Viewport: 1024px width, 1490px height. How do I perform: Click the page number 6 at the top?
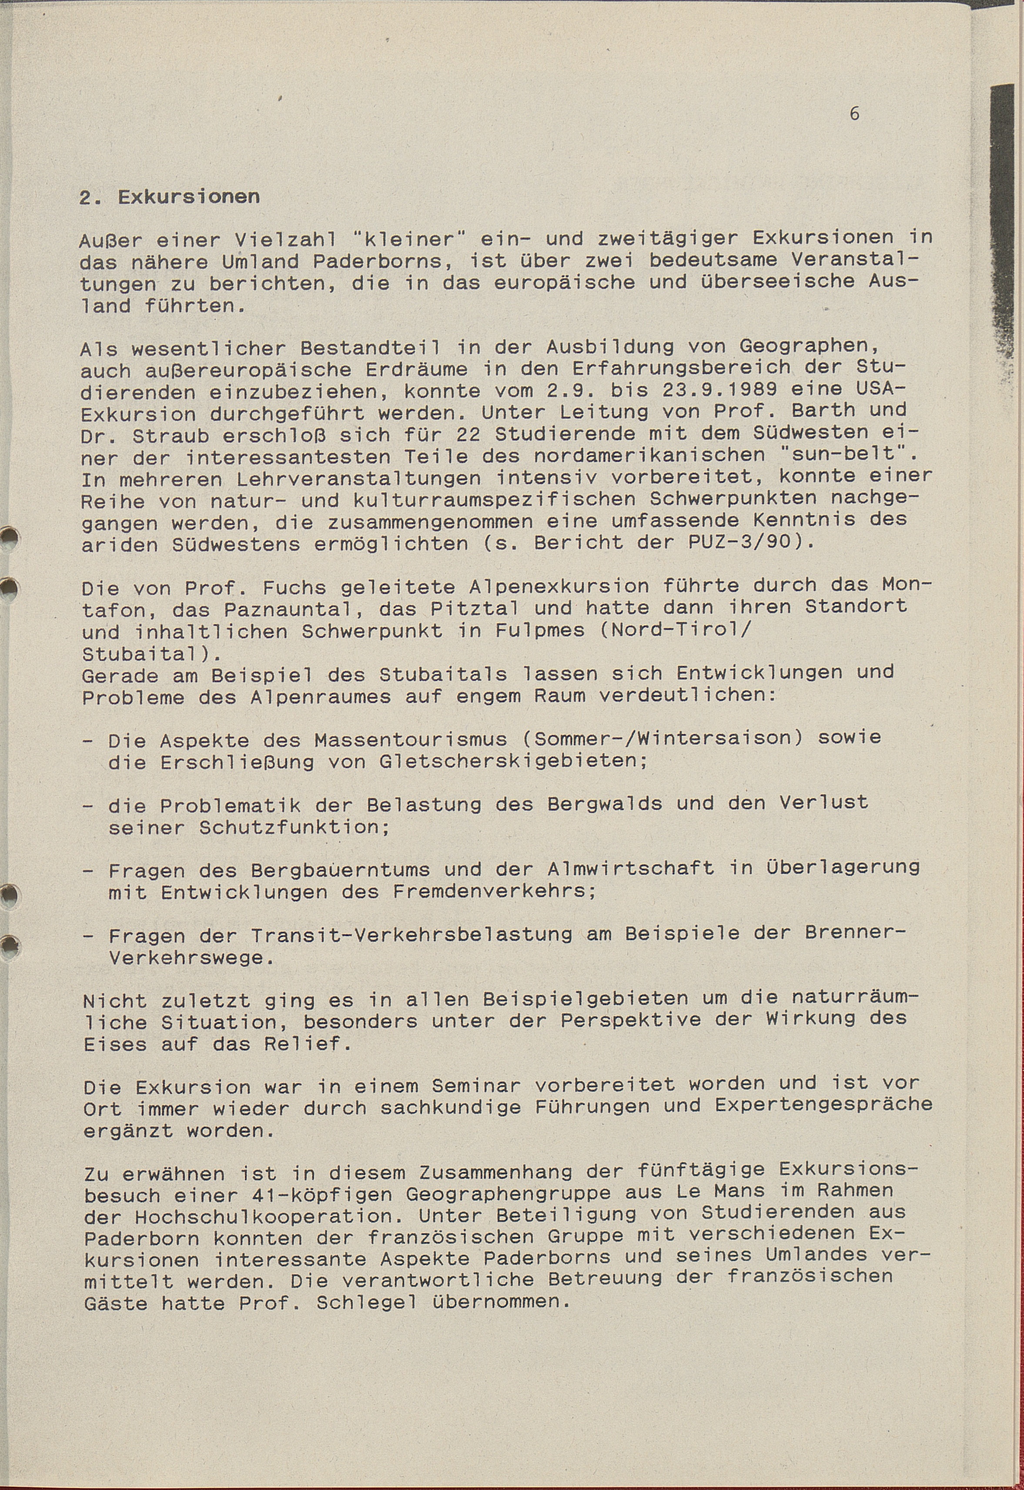[854, 114]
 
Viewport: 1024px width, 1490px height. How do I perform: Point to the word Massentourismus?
[411, 740]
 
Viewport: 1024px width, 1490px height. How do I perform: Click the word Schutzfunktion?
[294, 827]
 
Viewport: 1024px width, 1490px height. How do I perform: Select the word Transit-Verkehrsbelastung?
[411, 935]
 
